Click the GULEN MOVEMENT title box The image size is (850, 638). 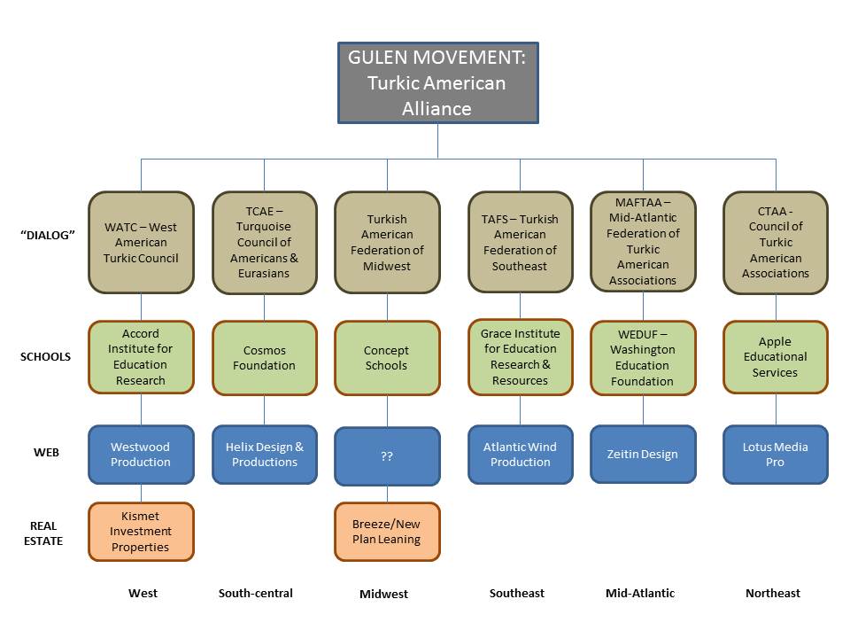point(437,82)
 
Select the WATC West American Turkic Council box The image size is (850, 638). point(141,242)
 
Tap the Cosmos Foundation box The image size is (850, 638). point(264,357)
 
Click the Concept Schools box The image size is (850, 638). point(387,357)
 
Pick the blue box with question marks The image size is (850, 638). point(387,456)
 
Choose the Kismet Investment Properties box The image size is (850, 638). point(141,532)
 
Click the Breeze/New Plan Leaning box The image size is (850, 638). point(387,532)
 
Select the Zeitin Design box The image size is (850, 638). point(643,454)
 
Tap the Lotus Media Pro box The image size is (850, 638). point(776,455)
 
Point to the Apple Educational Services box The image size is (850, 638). point(776,357)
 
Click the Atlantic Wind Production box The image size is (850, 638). point(520,455)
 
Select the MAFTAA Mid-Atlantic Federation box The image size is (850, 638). point(643,242)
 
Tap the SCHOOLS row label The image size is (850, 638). point(45,356)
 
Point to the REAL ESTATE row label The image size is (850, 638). point(43,533)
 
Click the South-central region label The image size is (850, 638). point(255,593)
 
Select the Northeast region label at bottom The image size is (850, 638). point(773,593)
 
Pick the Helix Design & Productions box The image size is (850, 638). point(264,455)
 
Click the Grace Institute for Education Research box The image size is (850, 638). point(520,357)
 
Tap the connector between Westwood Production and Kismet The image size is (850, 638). point(142,494)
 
